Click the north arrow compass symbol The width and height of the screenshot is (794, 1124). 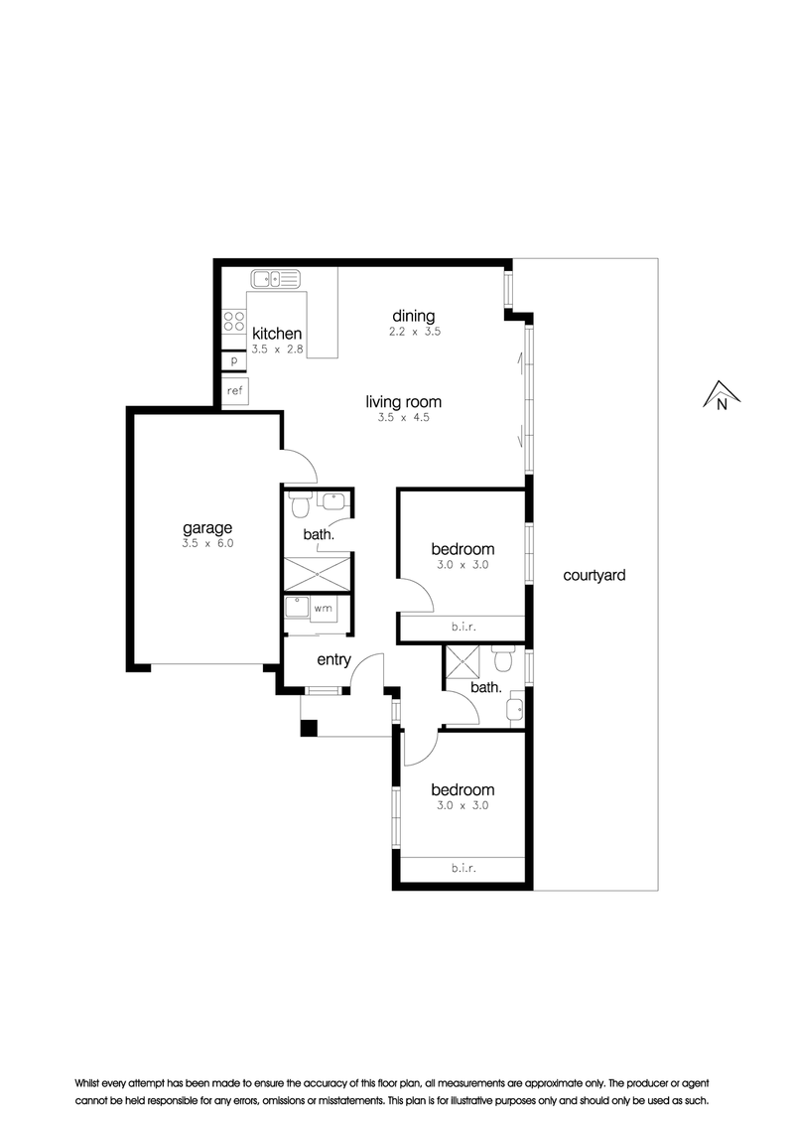[721, 395]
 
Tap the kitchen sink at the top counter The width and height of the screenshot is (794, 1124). [275, 278]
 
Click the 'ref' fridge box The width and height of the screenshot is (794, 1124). [235, 390]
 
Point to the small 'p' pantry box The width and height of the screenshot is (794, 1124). [233, 360]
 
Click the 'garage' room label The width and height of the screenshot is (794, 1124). [207, 529]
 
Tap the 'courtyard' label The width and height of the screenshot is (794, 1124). [595, 575]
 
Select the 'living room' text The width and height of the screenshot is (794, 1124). [403, 401]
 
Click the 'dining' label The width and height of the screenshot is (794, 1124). [414, 316]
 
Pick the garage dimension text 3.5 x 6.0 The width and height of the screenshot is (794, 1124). [207, 543]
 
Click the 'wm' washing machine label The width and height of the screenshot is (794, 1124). [324, 609]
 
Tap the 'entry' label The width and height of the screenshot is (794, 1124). [333, 659]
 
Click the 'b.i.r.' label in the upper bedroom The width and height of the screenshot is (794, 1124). [463, 628]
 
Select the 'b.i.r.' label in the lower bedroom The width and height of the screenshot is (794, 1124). [463, 868]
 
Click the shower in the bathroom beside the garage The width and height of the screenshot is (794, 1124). [319, 573]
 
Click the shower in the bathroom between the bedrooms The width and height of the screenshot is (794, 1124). [463, 661]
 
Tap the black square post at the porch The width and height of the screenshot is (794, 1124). [308, 727]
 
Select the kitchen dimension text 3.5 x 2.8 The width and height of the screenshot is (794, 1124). [277, 350]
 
